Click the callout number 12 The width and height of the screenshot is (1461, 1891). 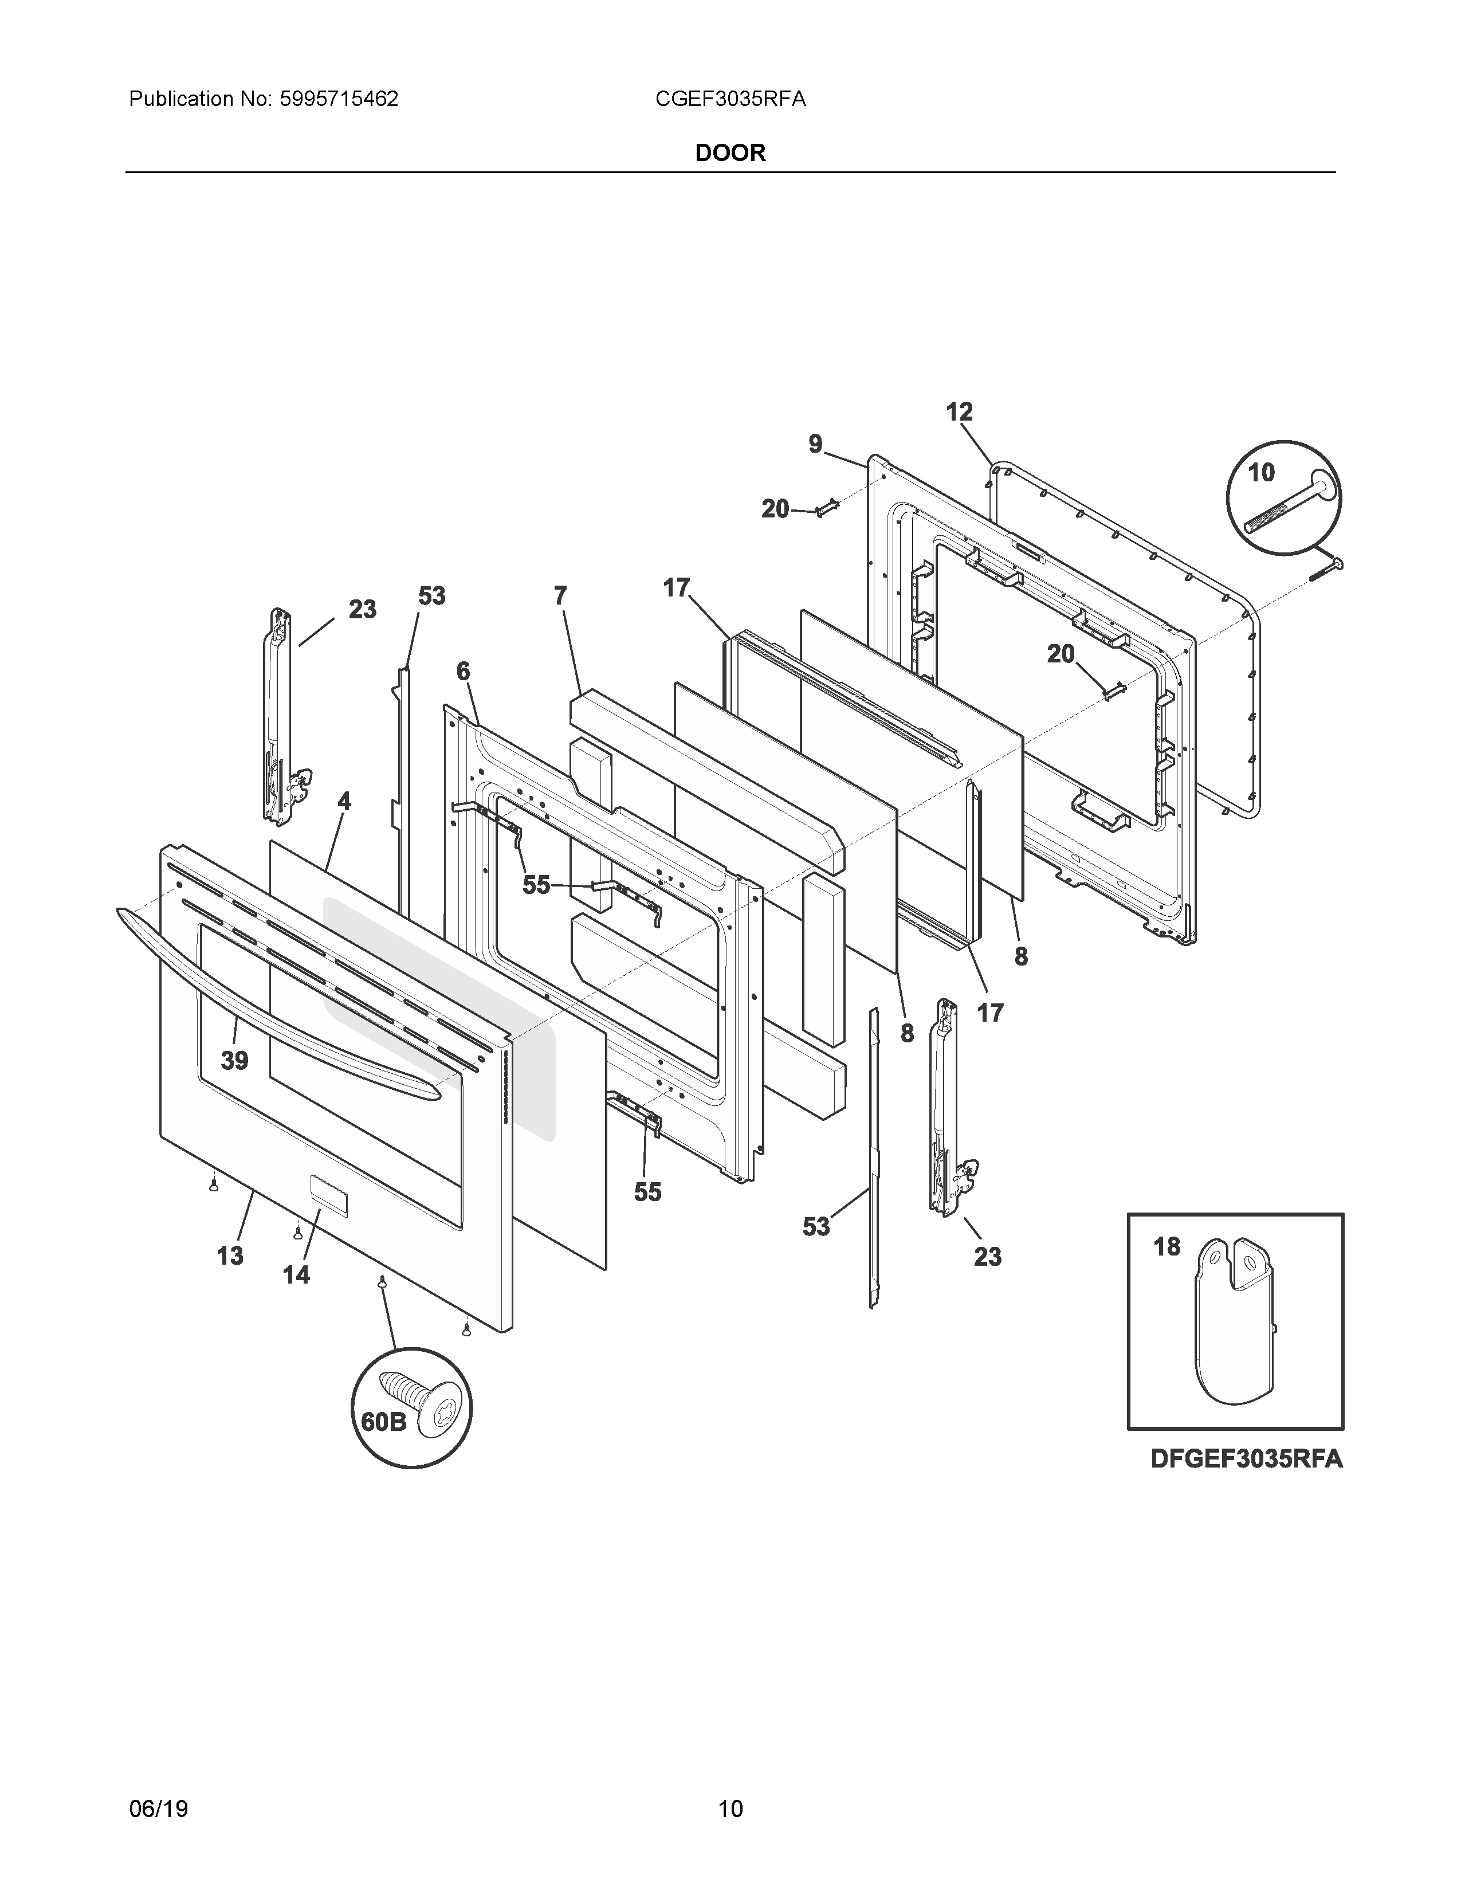(x=959, y=412)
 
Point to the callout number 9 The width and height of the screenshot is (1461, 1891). (x=815, y=444)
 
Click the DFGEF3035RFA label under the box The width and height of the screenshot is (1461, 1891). (x=1246, y=1459)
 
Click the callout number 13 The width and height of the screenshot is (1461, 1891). (x=229, y=1256)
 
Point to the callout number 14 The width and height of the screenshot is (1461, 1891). (x=296, y=1274)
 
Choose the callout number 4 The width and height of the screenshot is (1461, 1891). (x=344, y=802)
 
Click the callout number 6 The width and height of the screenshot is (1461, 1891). (x=463, y=671)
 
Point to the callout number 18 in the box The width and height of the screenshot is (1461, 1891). (x=1167, y=1247)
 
